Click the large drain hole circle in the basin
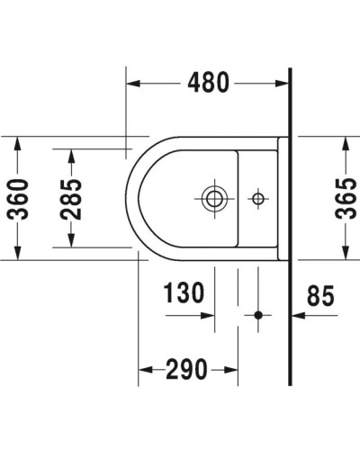pyautogui.click(x=214, y=195)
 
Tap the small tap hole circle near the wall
pyautogui.click(x=257, y=195)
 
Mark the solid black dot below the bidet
pyautogui.click(x=257, y=316)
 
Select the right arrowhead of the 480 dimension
pyautogui.click(x=284, y=84)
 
